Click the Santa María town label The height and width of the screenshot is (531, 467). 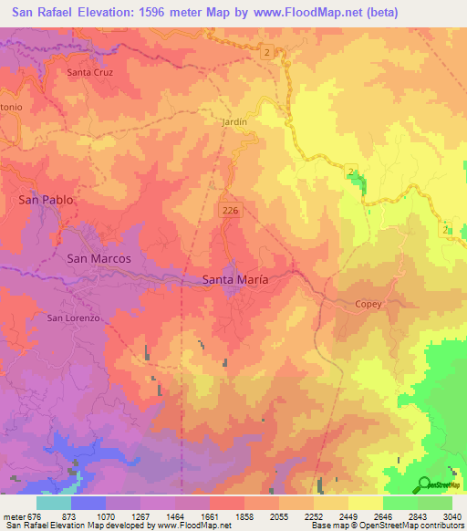(234, 280)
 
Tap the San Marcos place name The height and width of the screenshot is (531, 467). (99, 258)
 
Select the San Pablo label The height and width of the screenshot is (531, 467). (46, 199)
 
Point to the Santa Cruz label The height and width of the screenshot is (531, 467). (90, 71)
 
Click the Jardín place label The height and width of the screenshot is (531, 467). (234, 120)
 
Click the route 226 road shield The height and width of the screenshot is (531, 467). (230, 211)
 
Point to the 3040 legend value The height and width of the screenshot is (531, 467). (451, 517)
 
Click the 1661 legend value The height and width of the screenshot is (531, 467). (209, 517)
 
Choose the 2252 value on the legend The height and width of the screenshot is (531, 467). (313, 517)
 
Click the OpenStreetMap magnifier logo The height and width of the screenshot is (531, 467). (423, 484)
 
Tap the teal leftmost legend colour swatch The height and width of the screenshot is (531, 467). (53, 503)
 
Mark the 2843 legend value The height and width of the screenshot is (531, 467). (417, 517)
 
